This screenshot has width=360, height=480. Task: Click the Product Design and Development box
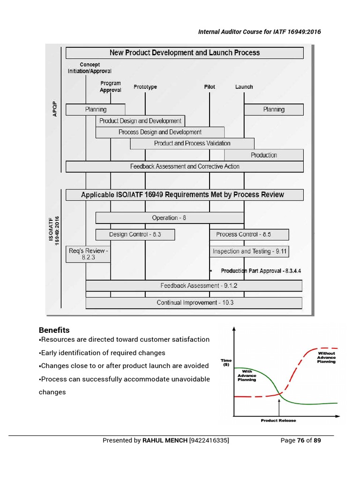point(140,121)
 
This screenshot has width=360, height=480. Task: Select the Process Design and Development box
point(160,132)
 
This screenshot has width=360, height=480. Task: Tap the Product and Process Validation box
point(192,143)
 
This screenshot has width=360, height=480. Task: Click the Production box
point(264,155)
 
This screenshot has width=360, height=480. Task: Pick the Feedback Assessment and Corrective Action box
point(185,166)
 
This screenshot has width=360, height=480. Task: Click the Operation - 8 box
point(170,218)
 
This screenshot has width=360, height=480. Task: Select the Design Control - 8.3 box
point(135,234)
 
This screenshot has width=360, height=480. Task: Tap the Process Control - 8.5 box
point(249,234)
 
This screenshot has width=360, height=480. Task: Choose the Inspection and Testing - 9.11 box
point(249,252)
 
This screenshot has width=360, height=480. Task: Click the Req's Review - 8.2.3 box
point(88,254)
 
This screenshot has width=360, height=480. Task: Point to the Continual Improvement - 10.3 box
point(194,303)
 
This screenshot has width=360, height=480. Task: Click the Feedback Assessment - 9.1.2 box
point(194,285)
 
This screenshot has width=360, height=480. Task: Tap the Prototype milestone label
point(145,87)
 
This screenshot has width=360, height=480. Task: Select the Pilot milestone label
point(210,87)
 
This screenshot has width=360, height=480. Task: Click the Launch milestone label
point(244,87)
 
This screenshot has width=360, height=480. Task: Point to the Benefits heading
point(54,330)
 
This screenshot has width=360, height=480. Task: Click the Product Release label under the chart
point(278,420)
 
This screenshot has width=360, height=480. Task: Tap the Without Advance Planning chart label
point(326,358)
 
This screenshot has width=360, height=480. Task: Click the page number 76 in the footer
point(300,441)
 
